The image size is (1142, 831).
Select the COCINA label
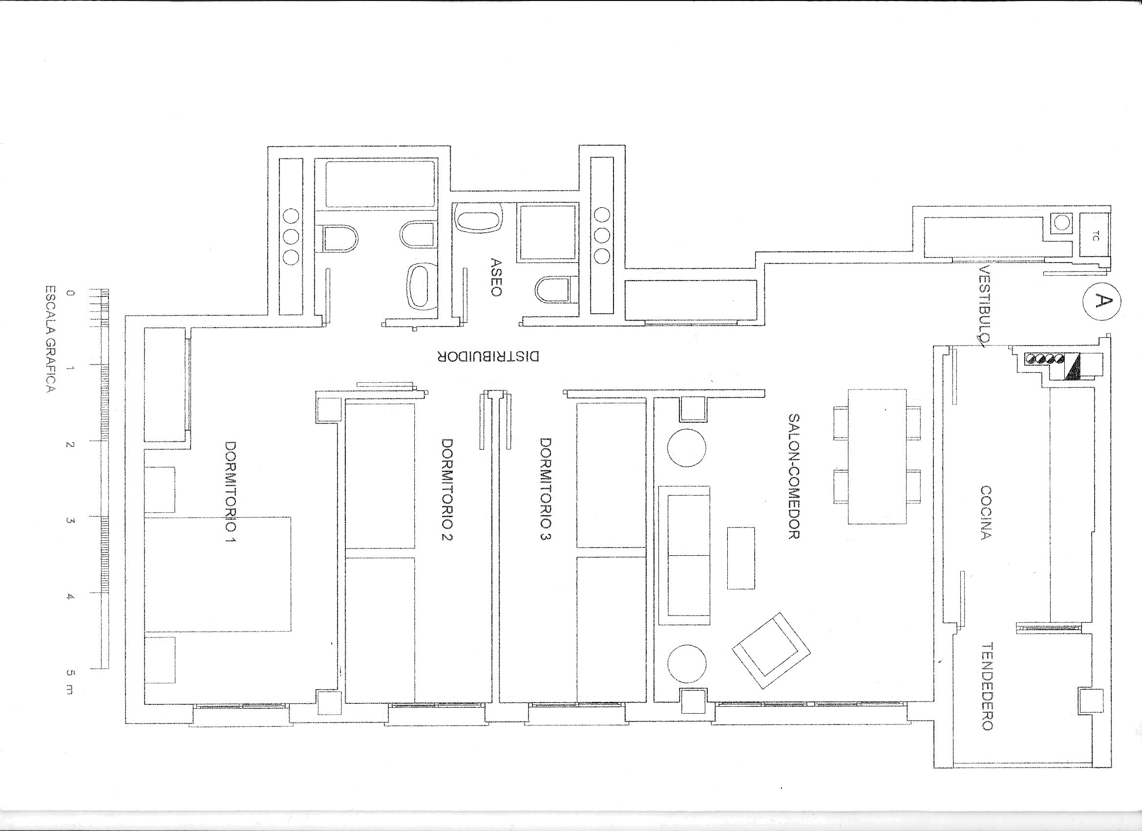(x=986, y=512)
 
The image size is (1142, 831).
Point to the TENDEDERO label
(x=986, y=686)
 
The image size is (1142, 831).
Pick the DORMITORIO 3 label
(x=545, y=496)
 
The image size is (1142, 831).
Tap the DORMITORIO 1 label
(x=231, y=499)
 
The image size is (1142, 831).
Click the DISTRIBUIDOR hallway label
(x=488, y=357)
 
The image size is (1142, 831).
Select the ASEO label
(x=495, y=277)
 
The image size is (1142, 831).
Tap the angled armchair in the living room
(x=771, y=651)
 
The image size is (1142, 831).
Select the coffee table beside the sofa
(x=740, y=558)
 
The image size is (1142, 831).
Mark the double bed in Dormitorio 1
(x=217, y=574)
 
